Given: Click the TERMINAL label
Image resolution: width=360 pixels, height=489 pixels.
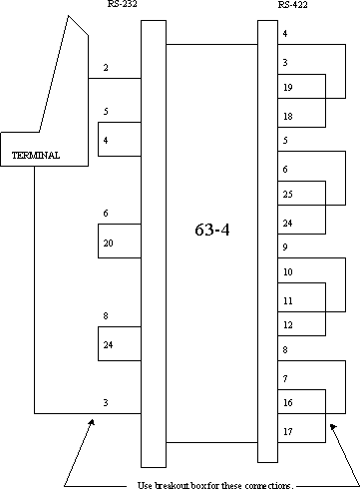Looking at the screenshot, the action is [36, 156].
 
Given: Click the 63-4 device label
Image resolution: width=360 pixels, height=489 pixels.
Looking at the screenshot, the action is [212, 230].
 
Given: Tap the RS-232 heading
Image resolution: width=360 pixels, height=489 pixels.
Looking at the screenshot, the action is [122, 4].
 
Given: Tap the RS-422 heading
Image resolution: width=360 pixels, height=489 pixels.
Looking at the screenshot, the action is [293, 4].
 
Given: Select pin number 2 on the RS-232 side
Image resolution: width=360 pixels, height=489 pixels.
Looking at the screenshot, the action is [106, 68].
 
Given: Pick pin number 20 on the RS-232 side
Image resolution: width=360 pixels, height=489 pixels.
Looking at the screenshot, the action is [108, 244].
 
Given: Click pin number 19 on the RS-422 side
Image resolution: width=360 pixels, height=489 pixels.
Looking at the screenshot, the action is [288, 87].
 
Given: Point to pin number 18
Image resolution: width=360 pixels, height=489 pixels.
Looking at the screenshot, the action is [288, 116].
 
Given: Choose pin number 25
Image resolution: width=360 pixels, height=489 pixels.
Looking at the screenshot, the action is [288, 194].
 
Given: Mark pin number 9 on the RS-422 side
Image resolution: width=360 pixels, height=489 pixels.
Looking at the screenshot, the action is [285, 246].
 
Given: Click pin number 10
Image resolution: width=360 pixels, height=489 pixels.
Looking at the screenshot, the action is [288, 271].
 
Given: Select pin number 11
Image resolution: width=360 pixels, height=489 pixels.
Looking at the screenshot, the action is [288, 300].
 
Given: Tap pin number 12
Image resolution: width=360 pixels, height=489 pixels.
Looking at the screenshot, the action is [288, 324].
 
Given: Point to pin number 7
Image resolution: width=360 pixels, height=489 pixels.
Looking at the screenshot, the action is [285, 378].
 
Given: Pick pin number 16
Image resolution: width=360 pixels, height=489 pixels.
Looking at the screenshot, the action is [288, 402].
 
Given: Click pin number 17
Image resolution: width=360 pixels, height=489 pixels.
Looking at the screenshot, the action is [288, 431].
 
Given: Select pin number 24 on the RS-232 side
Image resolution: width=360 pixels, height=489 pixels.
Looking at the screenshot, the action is [108, 344].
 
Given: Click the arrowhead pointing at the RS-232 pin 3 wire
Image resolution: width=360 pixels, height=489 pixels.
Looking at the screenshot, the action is [91, 422].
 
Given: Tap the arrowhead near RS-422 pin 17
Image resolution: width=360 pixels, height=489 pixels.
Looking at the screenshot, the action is [333, 427].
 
